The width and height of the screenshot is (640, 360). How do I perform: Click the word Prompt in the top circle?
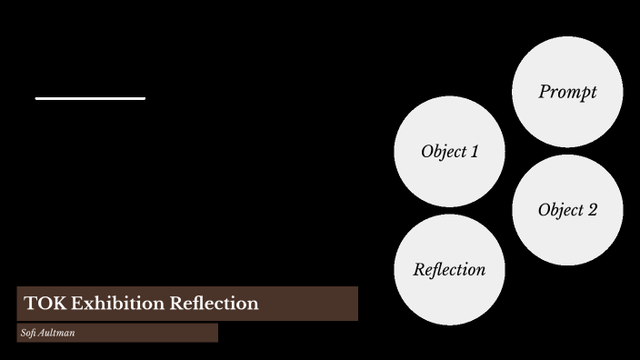click(x=567, y=92)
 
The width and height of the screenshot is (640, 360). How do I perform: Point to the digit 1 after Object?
click(x=474, y=152)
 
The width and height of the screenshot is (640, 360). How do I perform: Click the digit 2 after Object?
click(x=593, y=210)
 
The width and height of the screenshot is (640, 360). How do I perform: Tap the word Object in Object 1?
click(x=443, y=152)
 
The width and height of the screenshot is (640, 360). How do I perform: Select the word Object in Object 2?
click(x=560, y=210)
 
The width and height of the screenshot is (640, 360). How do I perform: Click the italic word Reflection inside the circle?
click(x=449, y=270)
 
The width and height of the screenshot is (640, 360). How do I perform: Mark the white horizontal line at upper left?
click(x=90, y=97)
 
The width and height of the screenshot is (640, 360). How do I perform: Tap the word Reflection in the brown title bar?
click(x=214, y=304)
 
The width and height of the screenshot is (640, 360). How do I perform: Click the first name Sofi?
click(x=28, y=334)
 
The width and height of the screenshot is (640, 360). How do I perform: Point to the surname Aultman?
click(x=56, y=334)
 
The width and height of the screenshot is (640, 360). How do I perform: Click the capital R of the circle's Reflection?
click(x=419, y=270)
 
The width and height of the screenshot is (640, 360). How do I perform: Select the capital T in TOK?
click(x=30, y=304)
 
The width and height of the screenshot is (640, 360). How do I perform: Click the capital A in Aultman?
click(x=41, y=334)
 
